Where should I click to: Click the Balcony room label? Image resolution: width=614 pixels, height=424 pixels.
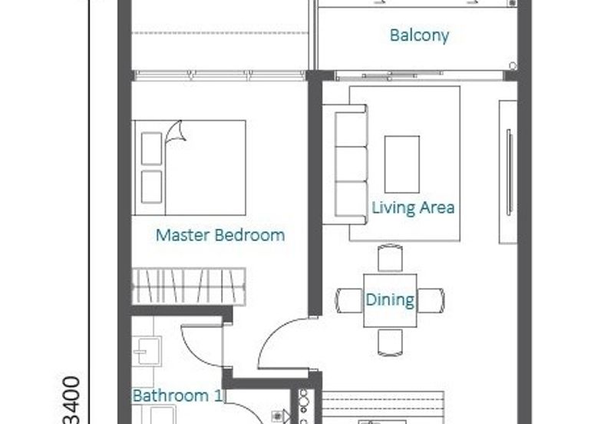click(419, 35)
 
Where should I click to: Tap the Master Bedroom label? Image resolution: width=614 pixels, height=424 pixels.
click(220, 235)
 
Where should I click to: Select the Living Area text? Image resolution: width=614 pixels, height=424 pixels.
click(413, 207)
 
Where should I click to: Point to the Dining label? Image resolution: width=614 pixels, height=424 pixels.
click(390, 300)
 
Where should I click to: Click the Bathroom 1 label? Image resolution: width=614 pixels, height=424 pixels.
click(177, 396)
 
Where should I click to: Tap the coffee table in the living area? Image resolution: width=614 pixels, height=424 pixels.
click(401, 164)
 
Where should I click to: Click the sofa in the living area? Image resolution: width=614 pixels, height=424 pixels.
click(345, 164)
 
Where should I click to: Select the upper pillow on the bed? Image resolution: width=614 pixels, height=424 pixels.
click(151, 148)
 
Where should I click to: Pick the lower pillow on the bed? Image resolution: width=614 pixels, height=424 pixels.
click(151, 187)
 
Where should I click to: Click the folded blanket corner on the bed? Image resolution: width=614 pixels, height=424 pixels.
click(177, 132)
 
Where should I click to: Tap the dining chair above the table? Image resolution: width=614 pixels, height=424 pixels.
click(390, 257)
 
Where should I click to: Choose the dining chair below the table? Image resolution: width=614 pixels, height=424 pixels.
click(390, 343)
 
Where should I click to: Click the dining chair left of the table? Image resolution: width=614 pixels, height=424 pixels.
click(348, 300)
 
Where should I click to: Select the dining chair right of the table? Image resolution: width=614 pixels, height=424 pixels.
click(431, 300)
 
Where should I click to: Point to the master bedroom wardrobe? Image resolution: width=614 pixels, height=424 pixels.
click(189, 287)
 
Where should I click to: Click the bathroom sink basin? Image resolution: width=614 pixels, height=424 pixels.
click(147, 351)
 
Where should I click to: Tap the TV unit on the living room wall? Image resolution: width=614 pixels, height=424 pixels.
click(508, 172)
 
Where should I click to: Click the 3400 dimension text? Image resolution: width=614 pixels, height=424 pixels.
click(71, 400)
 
